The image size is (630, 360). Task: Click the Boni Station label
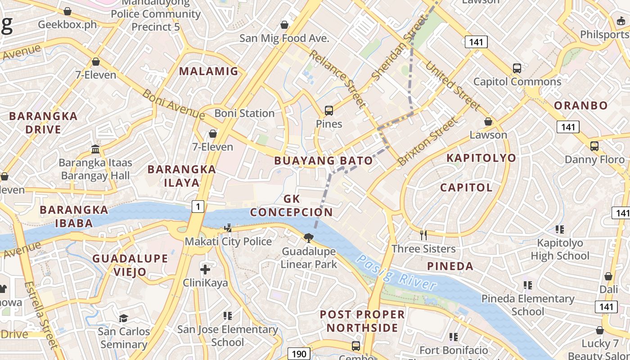(244, 113)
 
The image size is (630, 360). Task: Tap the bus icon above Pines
(329, 111)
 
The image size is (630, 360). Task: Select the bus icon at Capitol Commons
(517, 68)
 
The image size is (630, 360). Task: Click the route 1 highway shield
(198, 207)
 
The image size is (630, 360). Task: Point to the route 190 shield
(299, 354)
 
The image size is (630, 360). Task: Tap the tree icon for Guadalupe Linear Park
(309, 238)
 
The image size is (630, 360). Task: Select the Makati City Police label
(228, 242)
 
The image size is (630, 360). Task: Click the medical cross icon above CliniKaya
(205, 270)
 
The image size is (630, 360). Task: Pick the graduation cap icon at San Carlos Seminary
(123, 319)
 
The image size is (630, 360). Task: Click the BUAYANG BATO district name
(324, 161)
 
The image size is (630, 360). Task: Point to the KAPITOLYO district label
(481, 158)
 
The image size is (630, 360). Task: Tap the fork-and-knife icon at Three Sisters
(423, 235)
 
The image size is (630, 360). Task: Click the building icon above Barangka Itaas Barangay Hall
(95, 149)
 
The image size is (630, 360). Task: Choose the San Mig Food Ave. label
(284, 38)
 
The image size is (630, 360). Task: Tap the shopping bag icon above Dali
(608, 276)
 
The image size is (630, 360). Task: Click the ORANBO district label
(580, 106)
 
